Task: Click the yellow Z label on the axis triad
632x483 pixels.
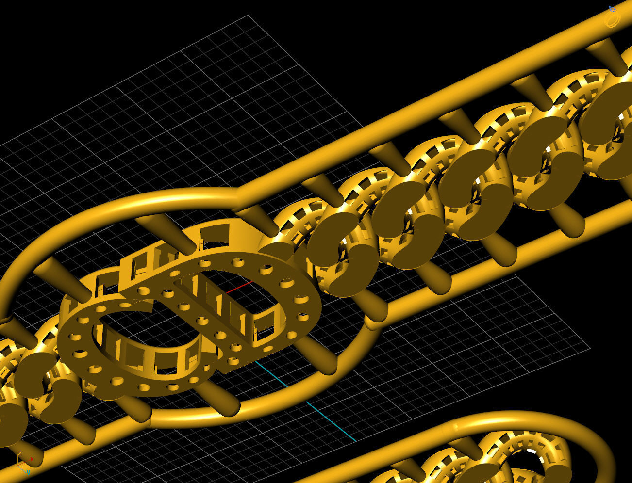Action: pyautogui.click(x=19, y=454)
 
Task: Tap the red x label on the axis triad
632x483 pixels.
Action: pyautogui.click(x=32, y=458)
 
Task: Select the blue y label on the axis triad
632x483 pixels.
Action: pyautogui.click(x=29, y=472)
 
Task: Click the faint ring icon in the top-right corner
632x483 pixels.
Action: pyautogui.click(x=612, y=20)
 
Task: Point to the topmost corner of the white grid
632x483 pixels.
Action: pyautogui.click(x=249, y=16)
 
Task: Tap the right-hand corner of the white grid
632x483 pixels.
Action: pyautogui.click(x=590, y=348)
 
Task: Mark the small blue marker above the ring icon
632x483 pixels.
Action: pyautogui.click(x=613, y=8)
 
